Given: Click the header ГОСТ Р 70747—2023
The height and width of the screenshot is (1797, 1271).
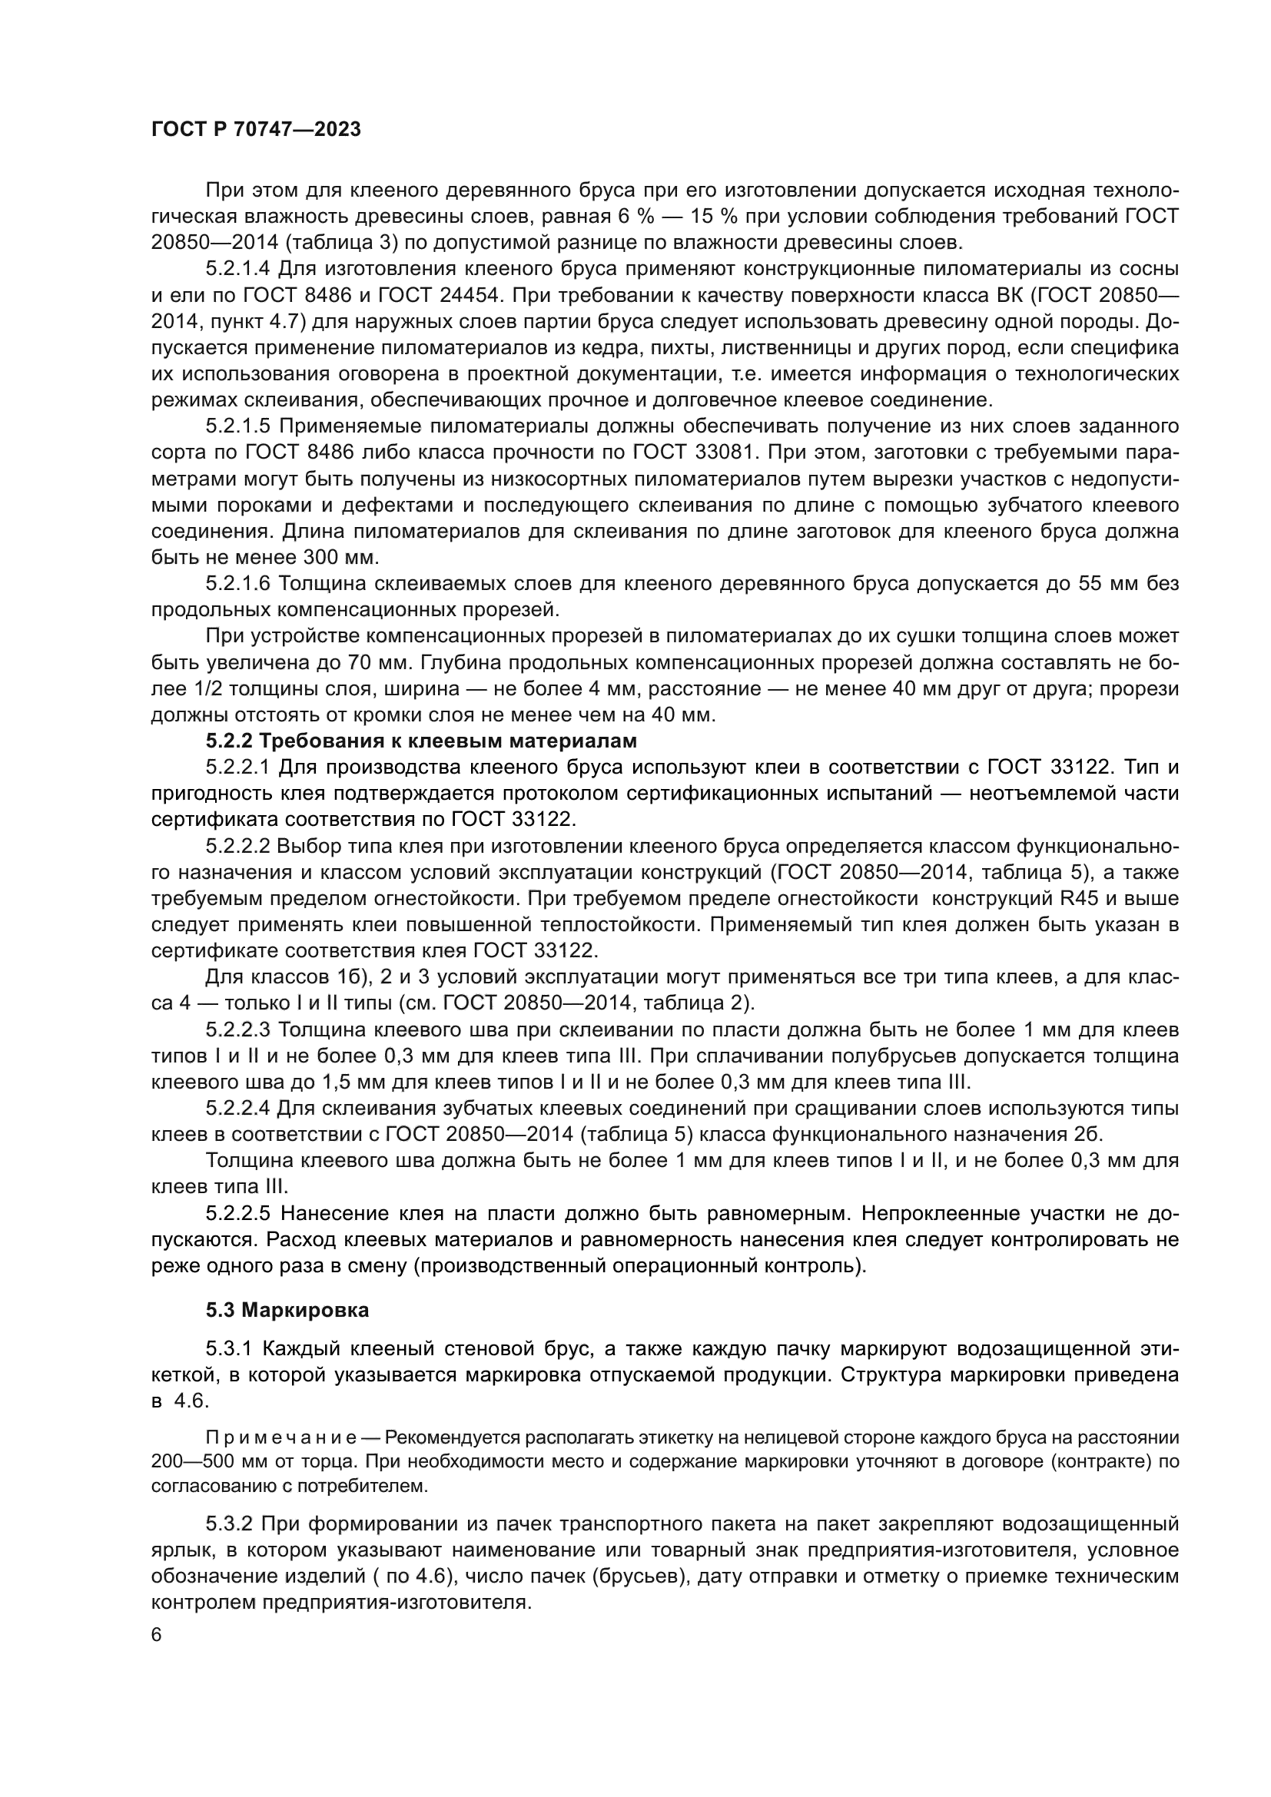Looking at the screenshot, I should [x=256, y=130].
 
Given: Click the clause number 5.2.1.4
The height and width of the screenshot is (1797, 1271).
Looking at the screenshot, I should [x=238, y=268].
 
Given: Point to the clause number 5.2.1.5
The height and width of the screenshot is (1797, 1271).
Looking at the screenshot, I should [x=238, y=426].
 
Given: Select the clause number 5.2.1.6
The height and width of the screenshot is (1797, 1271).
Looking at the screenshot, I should [x=238, y=583].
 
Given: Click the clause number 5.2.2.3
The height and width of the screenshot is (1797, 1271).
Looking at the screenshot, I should [x=238, y=1029].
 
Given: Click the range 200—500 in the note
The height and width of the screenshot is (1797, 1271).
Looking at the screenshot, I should [x=196, y=1461].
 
